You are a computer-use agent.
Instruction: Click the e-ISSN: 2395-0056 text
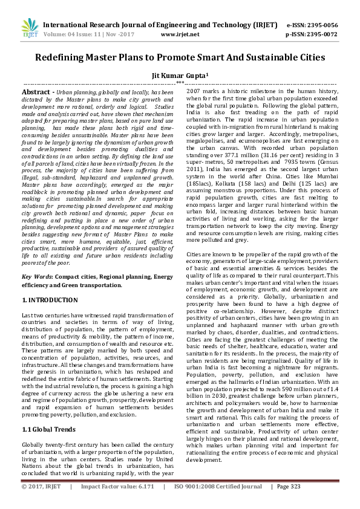311,25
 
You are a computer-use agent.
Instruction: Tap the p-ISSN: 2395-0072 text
311,34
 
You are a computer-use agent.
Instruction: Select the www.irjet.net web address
180,34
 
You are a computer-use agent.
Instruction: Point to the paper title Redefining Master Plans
180,58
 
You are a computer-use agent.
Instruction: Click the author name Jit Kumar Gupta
180,75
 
